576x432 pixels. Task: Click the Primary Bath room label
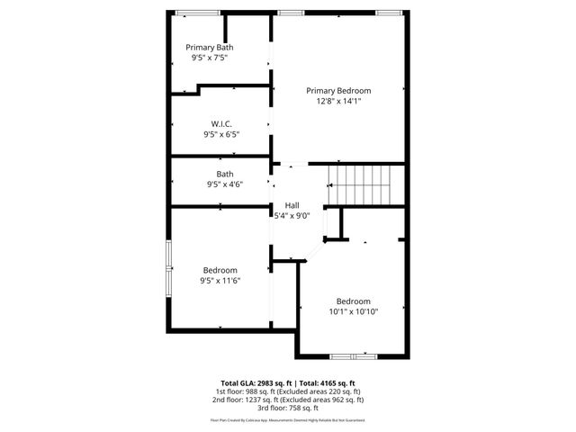[209, 47]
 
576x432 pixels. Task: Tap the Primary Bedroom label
[338, 90]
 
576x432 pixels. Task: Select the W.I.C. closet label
[221, 123]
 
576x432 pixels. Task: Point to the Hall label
[292, 204]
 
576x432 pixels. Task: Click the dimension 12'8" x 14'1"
[338, 102]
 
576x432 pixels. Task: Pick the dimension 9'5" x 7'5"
[209, 58]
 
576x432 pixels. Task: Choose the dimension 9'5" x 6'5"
[221, 134]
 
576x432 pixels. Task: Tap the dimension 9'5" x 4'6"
[225, 185]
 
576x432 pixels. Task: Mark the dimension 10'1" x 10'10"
[353, 312]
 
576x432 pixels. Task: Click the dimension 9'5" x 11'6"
[220, 281]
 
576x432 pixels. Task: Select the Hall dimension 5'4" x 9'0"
[292, 215]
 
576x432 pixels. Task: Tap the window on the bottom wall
[348, 356]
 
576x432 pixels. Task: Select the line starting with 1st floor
[287, 391]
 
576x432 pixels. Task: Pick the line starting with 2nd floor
[287, 400]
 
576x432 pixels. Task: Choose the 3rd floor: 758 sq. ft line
[287, 408]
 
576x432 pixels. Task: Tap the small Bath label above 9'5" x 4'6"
[225, 175]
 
